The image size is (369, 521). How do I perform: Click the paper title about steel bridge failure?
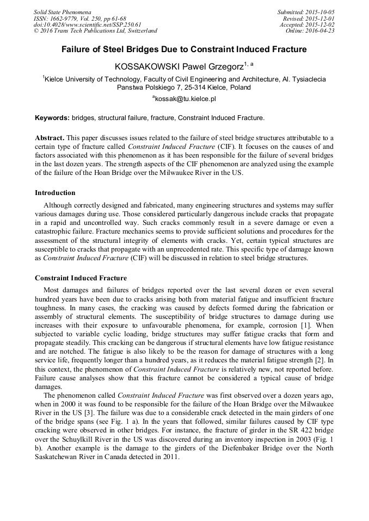[184, 49]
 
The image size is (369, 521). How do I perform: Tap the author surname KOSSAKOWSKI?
[145, 66]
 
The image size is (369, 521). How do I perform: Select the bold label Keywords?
[52, 117]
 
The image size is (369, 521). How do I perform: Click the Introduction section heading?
[55, 193]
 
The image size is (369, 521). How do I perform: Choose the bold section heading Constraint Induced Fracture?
[81, 278]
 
